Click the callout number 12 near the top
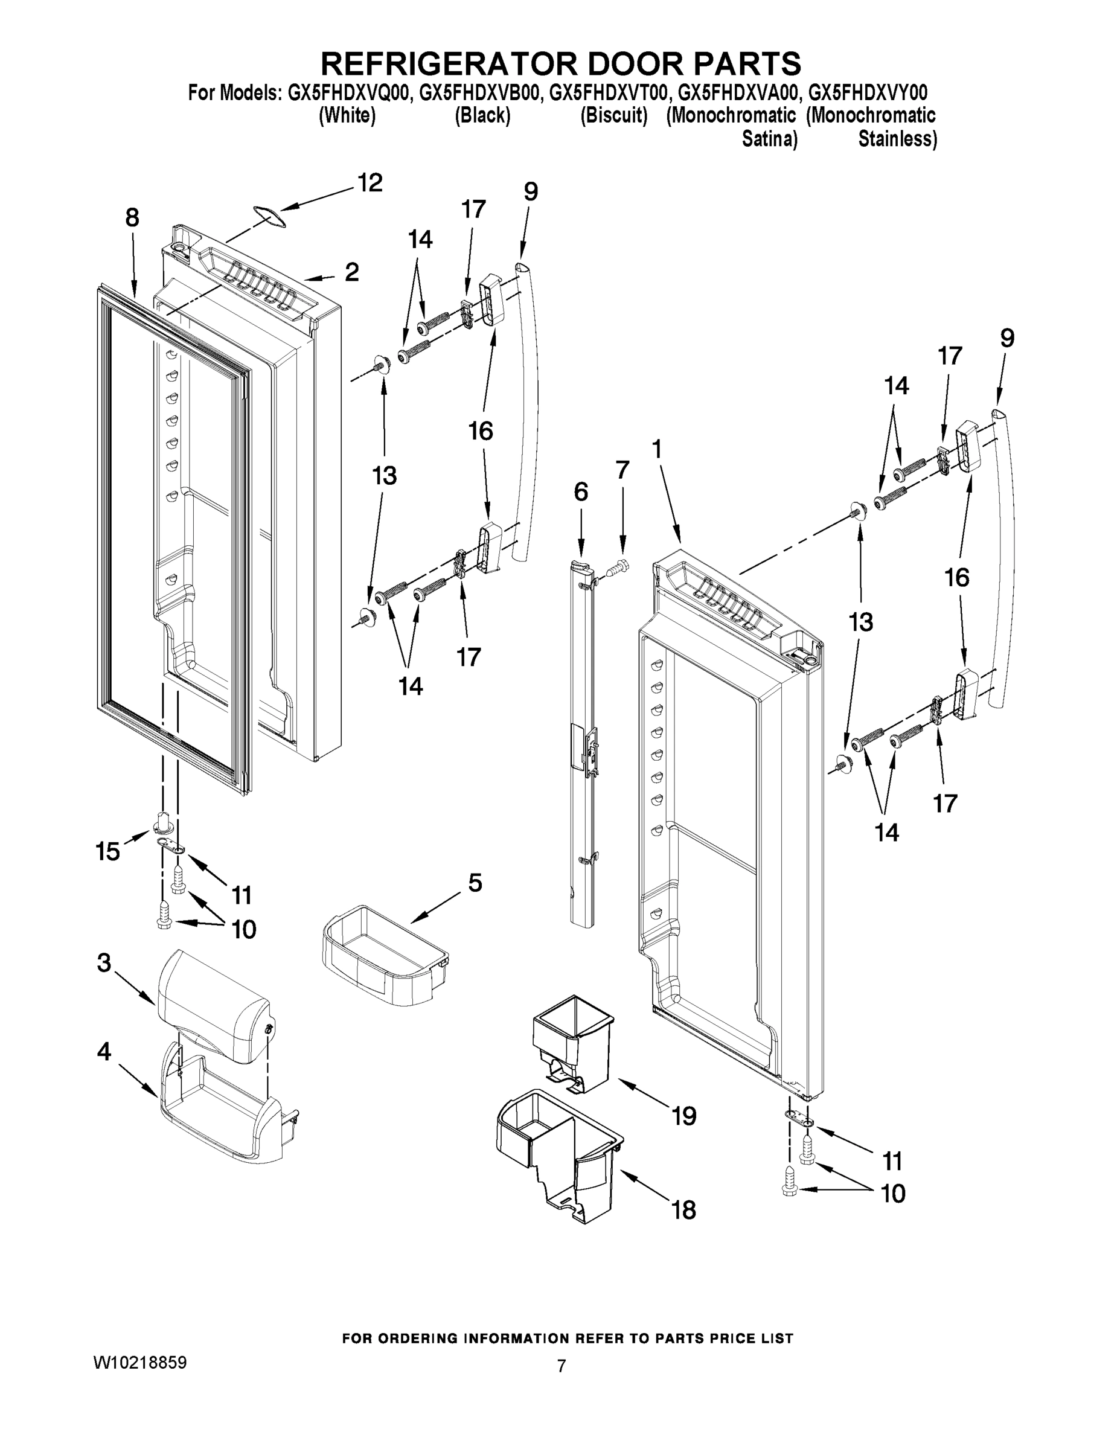(370, 182)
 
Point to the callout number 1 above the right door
(656, 450)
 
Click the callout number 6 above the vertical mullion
(581, 491)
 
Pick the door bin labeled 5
(383, 953)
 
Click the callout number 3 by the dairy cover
(104, 963)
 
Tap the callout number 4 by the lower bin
(104, 1051)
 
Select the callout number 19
(684, 1116)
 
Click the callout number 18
(684, 1209)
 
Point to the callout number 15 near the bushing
(108, 851)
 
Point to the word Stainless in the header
(897, 139)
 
